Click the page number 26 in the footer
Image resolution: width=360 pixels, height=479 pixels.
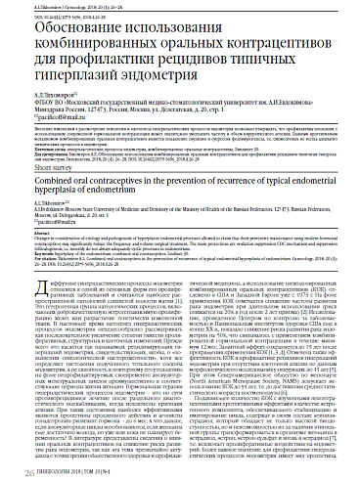pos(15,467)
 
